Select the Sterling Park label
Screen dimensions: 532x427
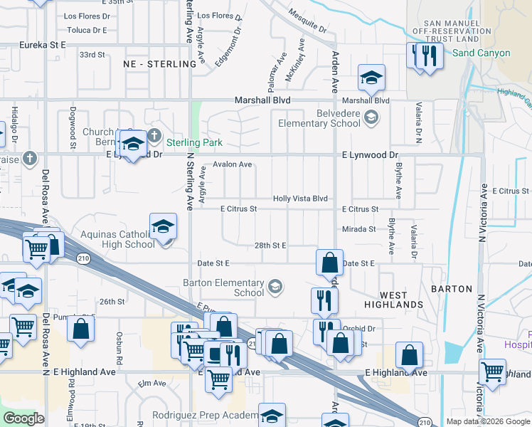194,142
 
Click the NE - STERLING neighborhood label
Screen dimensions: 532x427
159,64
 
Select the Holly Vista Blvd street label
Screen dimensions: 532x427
300,199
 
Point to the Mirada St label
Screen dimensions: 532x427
358,229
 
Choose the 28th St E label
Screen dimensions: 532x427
270,246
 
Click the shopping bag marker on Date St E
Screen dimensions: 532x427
329,263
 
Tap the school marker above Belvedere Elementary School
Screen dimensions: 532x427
371,78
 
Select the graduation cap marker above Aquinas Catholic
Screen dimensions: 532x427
163,227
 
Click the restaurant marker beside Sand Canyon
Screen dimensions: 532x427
429,56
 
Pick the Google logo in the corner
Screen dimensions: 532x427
24,418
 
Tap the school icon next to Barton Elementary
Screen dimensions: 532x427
275,288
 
